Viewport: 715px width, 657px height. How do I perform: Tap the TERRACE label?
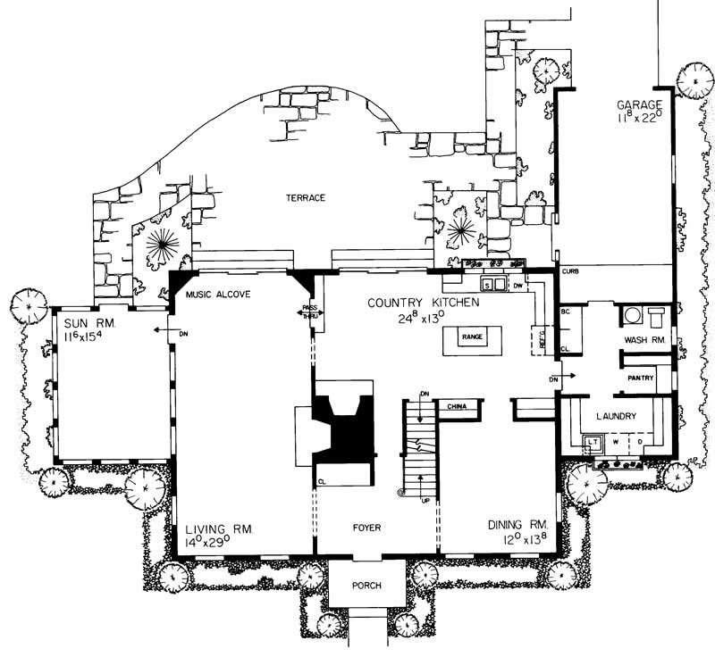[x=306, y=197]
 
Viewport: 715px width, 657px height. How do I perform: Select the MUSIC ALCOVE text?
[x=219, y=294]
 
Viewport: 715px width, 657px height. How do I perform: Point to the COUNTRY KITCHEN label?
[x=425, y=304]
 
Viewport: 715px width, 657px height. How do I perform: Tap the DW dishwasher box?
[x=517, y=285]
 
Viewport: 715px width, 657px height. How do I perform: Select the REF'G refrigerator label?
[x=539, y=339]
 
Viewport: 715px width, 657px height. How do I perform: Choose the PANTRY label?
[x=641, y=378]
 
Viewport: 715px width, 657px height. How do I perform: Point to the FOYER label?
[x=366, y=528]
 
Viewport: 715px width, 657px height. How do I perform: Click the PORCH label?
[x=366, y=586]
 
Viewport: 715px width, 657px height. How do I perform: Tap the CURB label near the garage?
[x=571, y=270]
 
